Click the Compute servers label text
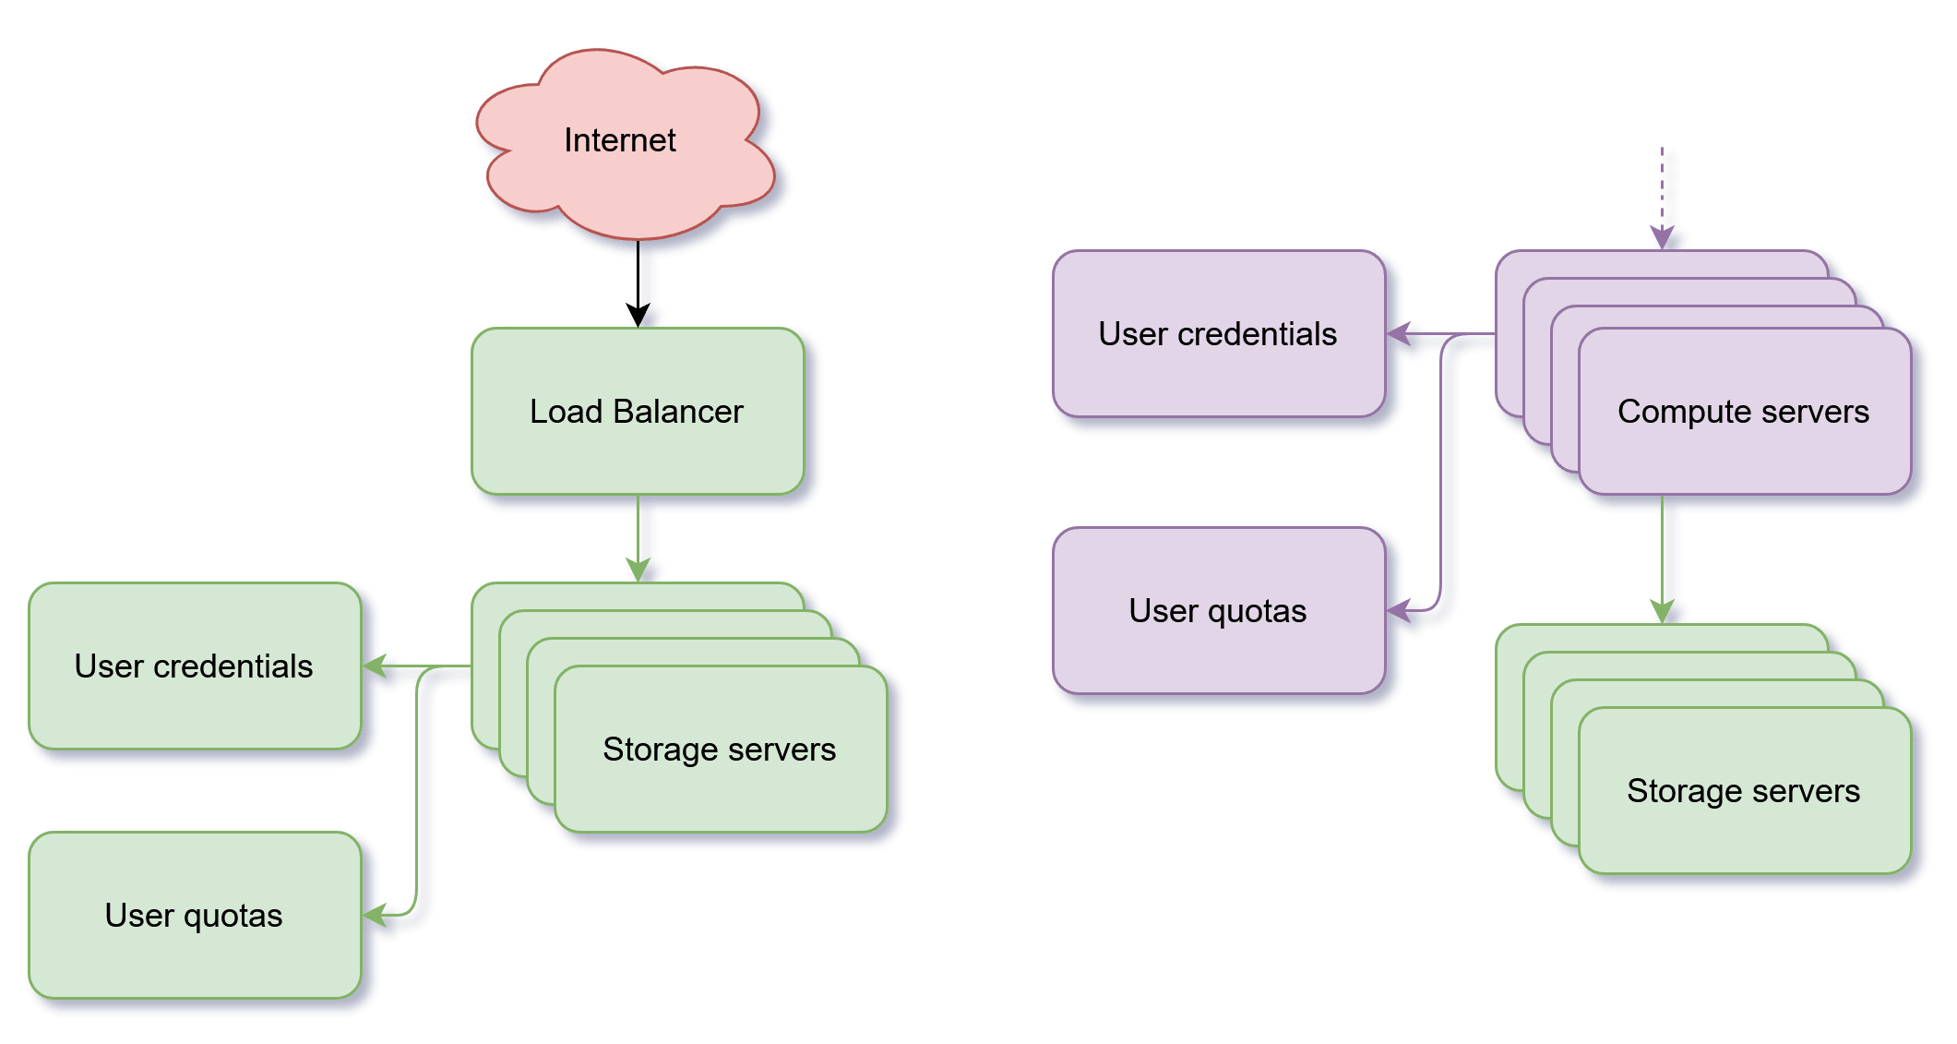[x=1743, y=412]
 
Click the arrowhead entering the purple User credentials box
[x=1399, y=333]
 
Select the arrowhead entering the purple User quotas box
[x=1399, y=610]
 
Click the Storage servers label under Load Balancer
[x=719, y=750]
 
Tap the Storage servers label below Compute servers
[x=1743, y=791]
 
